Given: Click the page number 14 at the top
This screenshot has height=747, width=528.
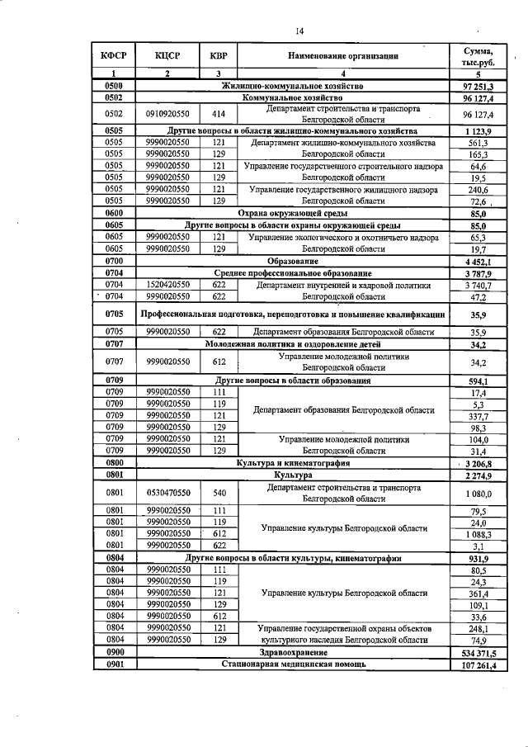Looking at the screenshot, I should (300, 31).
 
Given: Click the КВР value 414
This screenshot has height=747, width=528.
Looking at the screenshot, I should (219, 114).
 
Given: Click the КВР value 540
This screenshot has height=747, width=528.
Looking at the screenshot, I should (219, 494).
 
